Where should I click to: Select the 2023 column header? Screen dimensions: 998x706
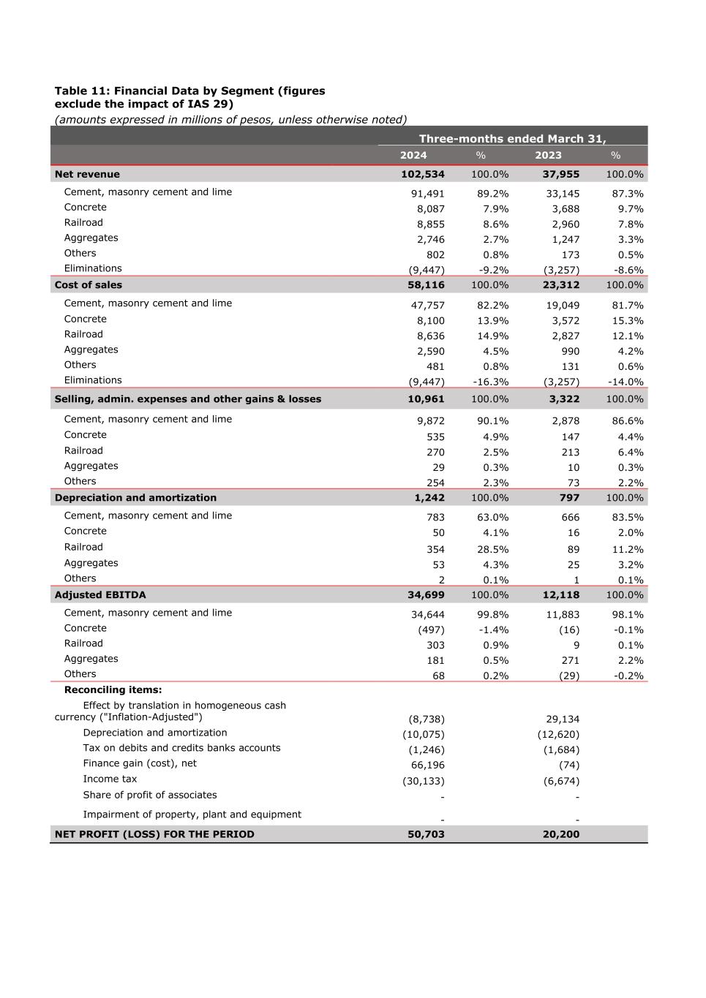548,155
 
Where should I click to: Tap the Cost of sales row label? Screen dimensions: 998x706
89,285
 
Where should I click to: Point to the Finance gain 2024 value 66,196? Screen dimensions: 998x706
427,765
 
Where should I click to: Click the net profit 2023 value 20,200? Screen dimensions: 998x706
560,834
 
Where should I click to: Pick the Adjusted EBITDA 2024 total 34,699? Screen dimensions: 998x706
426,595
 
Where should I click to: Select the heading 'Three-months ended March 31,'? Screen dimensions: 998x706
512,138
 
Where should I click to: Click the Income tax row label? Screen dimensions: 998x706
110,779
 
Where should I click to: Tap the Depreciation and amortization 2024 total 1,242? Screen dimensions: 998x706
429,498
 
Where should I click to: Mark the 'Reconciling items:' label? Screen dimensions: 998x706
113,689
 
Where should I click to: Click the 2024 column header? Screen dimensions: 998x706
413,155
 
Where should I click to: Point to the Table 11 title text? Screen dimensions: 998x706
189,97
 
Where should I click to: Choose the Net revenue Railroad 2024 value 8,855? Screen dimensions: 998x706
430,224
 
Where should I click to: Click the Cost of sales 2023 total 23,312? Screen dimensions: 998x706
560,285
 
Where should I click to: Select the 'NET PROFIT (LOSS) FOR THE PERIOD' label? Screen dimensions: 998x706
154,834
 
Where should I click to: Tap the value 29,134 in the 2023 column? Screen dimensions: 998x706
563,719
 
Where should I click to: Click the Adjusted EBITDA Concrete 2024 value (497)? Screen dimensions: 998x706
431,630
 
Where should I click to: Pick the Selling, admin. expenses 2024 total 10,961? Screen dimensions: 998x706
426,399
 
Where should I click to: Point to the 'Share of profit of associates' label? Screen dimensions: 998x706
150,795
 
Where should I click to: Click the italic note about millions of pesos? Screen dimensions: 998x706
230,119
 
